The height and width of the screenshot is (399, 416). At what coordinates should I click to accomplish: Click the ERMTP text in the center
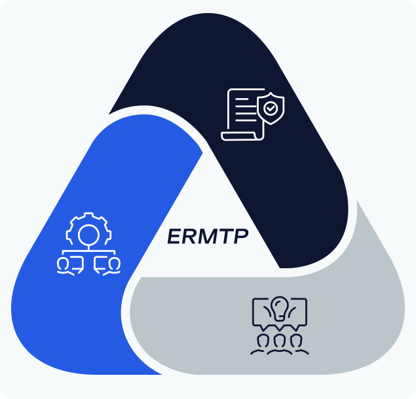[x=208, y=235]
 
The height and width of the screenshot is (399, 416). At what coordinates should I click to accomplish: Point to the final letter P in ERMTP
[x=240, y=235]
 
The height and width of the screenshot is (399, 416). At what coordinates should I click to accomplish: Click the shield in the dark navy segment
[x=270, y=109]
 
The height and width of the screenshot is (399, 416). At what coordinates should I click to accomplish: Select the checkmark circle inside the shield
[x=270, y=109]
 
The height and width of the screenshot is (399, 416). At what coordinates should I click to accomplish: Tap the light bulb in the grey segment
[x=280, y=307]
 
